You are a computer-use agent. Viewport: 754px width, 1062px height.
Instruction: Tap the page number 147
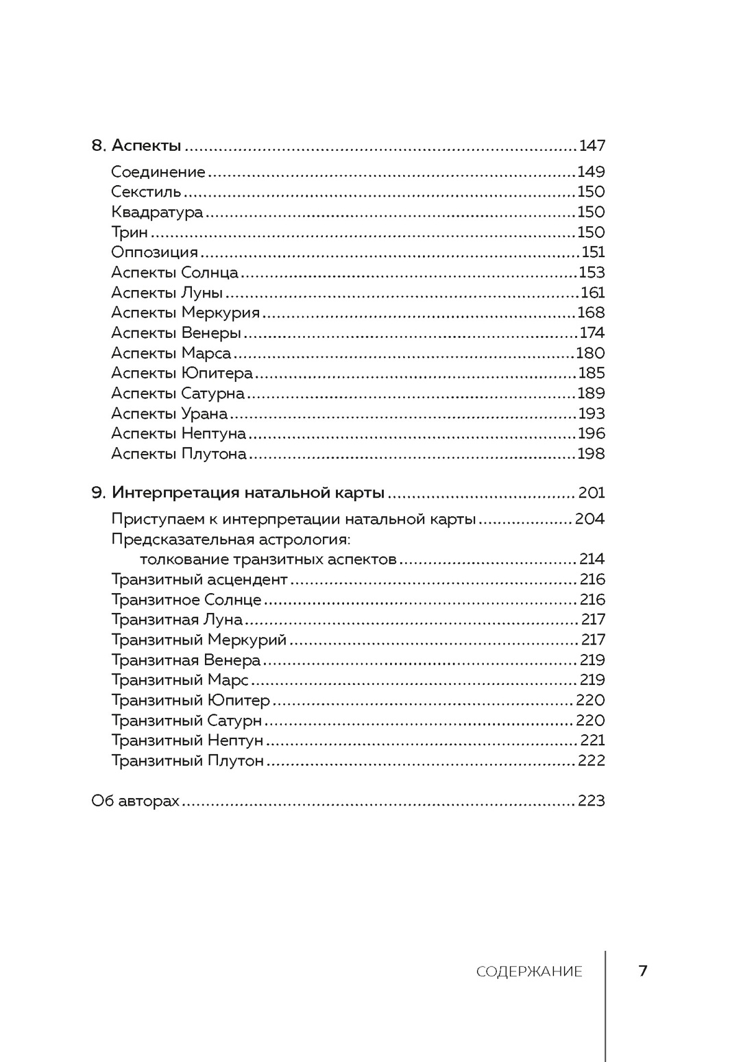click(592, 145)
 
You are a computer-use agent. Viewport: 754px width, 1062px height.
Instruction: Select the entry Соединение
click(158, 172)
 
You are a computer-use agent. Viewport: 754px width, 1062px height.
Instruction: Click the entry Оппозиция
click(154, 252)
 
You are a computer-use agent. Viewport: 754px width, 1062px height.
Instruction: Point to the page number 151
click(593, 252)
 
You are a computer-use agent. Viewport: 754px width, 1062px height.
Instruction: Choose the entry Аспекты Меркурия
click(185, 313)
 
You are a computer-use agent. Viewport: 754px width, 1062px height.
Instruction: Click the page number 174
click(592, 333)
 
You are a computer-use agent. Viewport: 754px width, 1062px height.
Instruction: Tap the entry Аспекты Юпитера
click(182, 373)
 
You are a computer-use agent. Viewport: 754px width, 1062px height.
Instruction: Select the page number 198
click(592, 453)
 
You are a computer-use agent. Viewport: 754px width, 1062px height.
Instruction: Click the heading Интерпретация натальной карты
click(248, 493)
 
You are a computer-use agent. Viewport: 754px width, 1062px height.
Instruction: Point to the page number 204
click(589, 519)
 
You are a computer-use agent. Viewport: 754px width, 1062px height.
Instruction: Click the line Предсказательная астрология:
click(230, 539)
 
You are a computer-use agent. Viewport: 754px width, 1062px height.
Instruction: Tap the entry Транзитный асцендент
click(199, 579)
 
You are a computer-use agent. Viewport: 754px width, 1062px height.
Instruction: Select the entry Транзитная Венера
click(186, 660)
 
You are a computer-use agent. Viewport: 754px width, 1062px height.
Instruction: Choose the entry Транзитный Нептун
click(187, 740)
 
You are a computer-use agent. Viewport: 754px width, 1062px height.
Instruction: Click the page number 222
click(592, 760)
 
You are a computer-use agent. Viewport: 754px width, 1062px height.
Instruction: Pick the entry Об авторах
click(135, 801)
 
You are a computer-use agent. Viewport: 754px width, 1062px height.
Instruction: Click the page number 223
click(592, 801)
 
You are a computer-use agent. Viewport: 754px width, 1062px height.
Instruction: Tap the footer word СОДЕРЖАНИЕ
click(529, 972)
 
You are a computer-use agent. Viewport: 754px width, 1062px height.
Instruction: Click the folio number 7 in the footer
click(643, 971)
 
